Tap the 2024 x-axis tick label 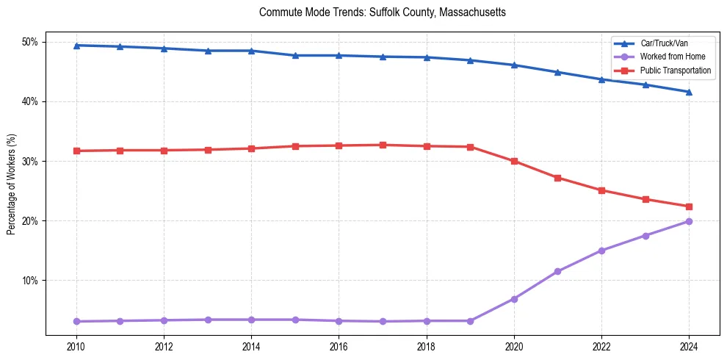pos(689,345)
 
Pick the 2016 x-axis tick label pos(339,345)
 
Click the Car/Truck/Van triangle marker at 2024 pos(689,92)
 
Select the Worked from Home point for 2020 pos(514,299)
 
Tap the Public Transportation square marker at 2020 pos(514,161)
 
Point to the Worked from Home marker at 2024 pos(689,221)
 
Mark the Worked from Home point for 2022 pos(601,251)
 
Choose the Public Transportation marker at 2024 pos(689,206)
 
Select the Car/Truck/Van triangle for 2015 pos(295,55)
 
